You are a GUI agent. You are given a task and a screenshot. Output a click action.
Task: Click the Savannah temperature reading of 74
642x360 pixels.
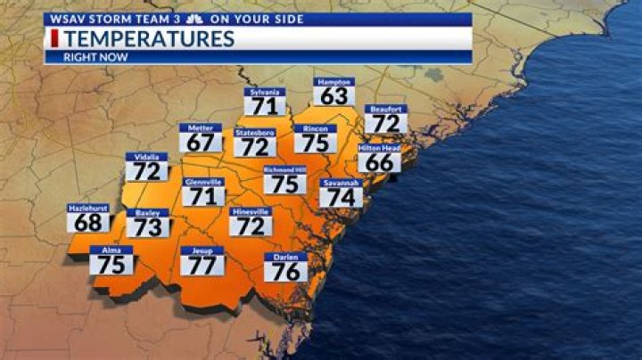click(x=342, y=198)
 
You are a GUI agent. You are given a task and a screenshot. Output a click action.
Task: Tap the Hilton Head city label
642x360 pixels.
click(x=380, y=149)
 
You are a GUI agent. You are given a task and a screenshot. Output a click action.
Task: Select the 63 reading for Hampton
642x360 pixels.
click(x=334, y=95)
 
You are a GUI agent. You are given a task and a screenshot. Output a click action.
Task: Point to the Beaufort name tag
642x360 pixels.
click(x=385, y=109)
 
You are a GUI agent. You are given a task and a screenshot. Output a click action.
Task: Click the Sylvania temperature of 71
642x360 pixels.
click(x=267, y=106)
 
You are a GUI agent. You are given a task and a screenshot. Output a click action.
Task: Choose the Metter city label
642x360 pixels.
click(x=201, y=128)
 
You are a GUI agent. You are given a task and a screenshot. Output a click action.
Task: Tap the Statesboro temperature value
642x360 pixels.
click(x=255, y=147)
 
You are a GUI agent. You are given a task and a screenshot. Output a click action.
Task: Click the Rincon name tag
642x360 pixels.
click(x=316, y=129)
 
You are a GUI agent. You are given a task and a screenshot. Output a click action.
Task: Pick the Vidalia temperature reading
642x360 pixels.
click(x=147, y=171)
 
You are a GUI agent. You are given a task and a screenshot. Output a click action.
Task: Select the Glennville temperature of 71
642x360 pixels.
click(x=204, y=196)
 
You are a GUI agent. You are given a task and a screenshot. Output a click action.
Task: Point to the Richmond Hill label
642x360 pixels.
click(x=285, y=169)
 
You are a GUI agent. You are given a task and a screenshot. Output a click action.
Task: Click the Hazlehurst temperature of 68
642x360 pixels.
click(x=88, y=222)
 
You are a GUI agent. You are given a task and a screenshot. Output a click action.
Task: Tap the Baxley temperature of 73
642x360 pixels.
click(x=147, y=227)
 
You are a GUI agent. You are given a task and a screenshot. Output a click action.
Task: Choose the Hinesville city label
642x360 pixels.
click(x=251, y=212)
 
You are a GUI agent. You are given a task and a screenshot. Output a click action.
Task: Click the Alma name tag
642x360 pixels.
click(x=111, y=250)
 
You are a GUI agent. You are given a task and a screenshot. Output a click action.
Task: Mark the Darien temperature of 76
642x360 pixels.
click(x=285, y=271)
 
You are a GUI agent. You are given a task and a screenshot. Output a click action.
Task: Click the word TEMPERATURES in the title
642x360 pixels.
click(x=149, y=38)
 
